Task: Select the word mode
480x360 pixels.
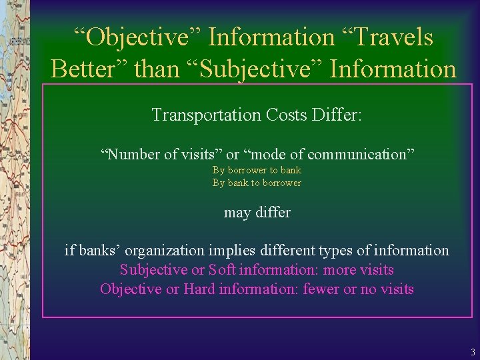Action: [264, 155]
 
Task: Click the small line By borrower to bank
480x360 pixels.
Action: [257, 170]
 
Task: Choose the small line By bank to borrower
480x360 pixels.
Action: [257, 183]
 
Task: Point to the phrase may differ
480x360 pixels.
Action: [257, 213]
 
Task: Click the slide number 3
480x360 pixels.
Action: [472, 352]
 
